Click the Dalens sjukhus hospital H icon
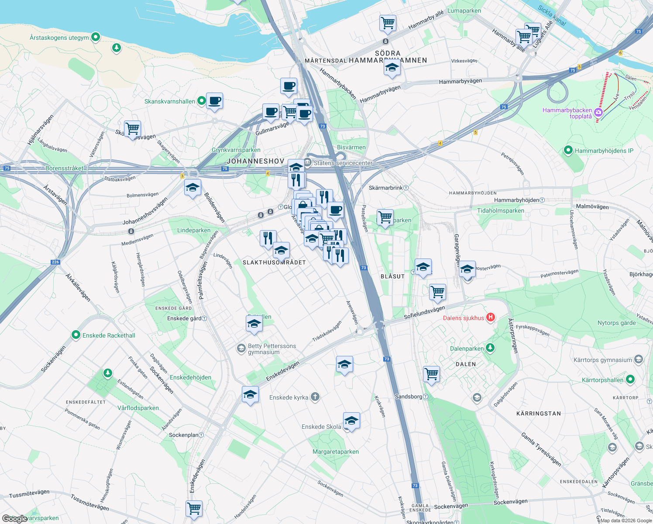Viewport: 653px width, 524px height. (x=491, y=317)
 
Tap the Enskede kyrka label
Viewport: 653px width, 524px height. (x=289, y=397)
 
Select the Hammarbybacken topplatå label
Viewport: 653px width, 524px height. (x=567, y=113)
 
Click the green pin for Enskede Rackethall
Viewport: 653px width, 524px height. (x=76, y=335)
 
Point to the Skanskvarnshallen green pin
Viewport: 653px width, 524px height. (x=201, y=101)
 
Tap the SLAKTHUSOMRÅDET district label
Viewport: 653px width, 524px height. (x=274, y=262)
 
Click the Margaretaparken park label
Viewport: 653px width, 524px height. (x=336, y=452)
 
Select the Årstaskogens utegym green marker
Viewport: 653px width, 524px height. (x=96, y=37)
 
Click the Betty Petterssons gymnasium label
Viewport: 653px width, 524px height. (x=272, y=349)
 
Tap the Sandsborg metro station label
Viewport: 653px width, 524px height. (x=409, y=396)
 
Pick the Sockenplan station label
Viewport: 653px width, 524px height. (x=183, y=435)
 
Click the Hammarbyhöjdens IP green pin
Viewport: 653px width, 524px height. (x=568, y=151)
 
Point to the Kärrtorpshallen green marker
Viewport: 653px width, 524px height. (x=630, y=379)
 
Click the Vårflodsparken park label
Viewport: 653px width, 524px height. (x=138, y=408)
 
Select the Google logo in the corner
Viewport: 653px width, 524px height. (x=14, y=518)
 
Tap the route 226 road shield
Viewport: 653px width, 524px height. (x=55, y=262)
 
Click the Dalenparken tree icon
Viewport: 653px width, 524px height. (x=490, y=348)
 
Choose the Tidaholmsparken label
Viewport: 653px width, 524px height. (x=500, y=210)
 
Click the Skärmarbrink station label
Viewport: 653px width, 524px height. (x=386, y=188)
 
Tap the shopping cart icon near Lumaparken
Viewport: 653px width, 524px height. (x=388, y=23)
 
